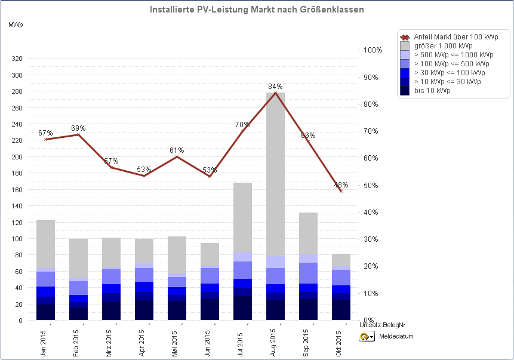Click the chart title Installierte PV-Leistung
click(257, 10)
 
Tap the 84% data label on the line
click(275, 87)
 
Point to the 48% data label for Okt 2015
click(341, 184)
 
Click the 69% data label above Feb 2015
click(78, 128)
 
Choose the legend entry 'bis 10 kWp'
click(432, 91)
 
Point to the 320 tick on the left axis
click(17, 59)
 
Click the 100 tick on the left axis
click(17, 239)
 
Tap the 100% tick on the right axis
click(373, 50)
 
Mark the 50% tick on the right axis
click(371, 185)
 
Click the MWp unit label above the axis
click(16, 24)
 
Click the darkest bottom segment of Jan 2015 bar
click(45, 312)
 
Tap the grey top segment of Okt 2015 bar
click(341, 260)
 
